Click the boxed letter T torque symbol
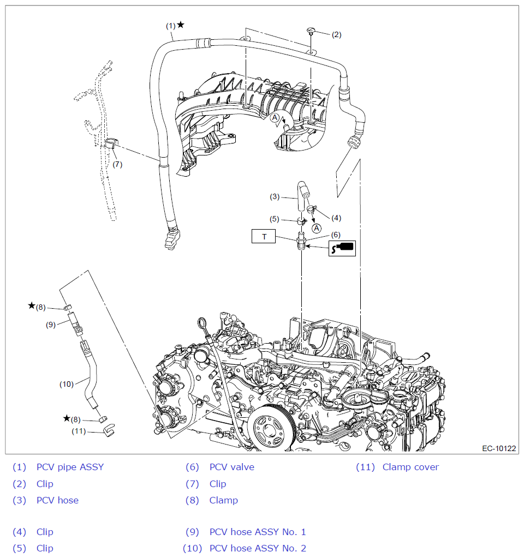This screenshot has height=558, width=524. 265,237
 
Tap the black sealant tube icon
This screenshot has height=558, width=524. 342,248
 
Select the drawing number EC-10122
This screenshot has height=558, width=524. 499,448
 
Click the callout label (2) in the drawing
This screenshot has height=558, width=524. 336,34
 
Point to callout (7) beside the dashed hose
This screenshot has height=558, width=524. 117,165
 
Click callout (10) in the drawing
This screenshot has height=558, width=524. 67,384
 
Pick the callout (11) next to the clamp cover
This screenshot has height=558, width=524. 80,431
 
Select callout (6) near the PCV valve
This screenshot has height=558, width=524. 336,235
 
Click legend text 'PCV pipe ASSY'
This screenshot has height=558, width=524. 70,467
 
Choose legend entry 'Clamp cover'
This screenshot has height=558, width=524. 410,467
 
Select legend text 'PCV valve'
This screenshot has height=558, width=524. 231,467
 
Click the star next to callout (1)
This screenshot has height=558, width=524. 181,25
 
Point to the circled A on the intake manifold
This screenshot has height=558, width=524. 276,117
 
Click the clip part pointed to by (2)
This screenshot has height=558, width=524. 312,30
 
